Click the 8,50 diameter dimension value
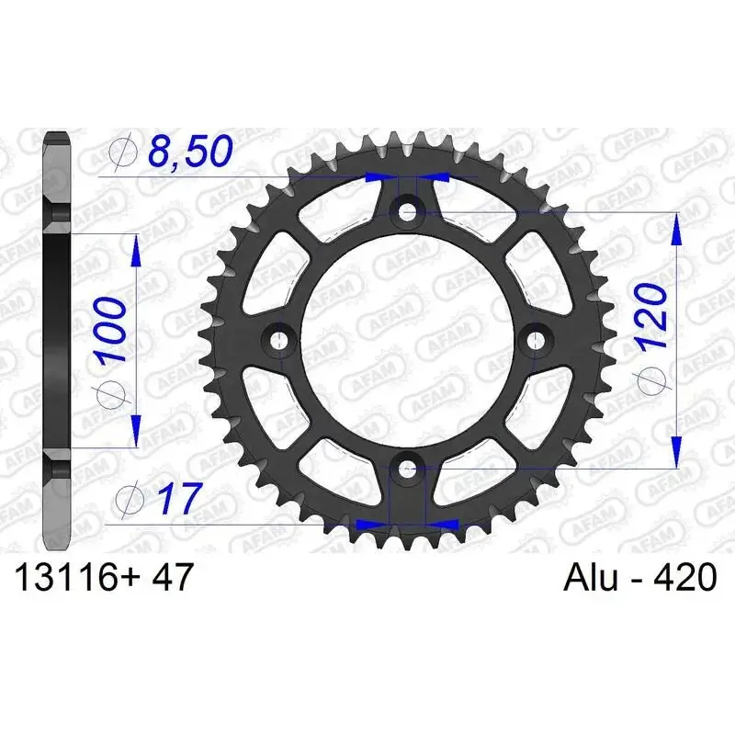click(188, 153)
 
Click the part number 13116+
click(70, 579)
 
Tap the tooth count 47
click(171, 579)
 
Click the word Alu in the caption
click(589, 579)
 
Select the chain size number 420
click(684, 579)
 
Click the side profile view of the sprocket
click(57, 340)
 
